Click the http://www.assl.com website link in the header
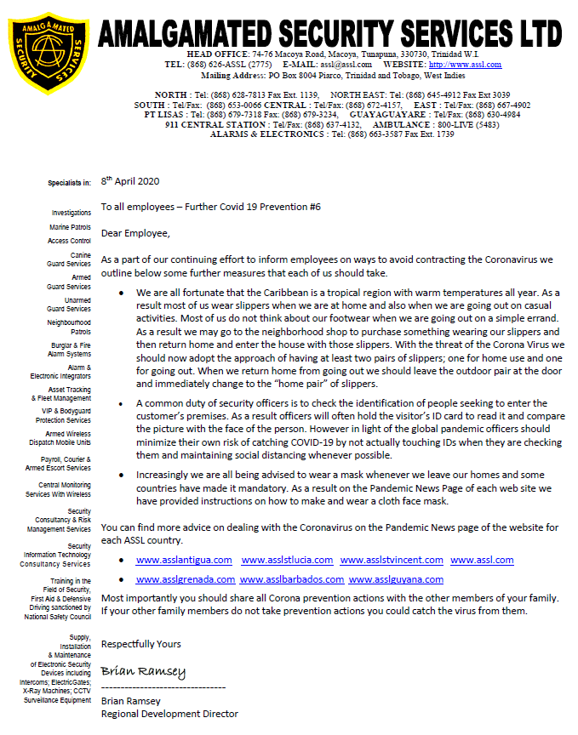coord(465,65)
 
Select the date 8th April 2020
coord(130,181)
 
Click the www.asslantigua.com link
coord(184,560)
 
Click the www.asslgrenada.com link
coord(184,579)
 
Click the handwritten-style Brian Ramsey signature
coord(143,672)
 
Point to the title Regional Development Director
coord(169,714)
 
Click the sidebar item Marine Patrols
coord(70,227)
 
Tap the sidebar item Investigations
coord(71,213)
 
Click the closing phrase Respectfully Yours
coord(140,645)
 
